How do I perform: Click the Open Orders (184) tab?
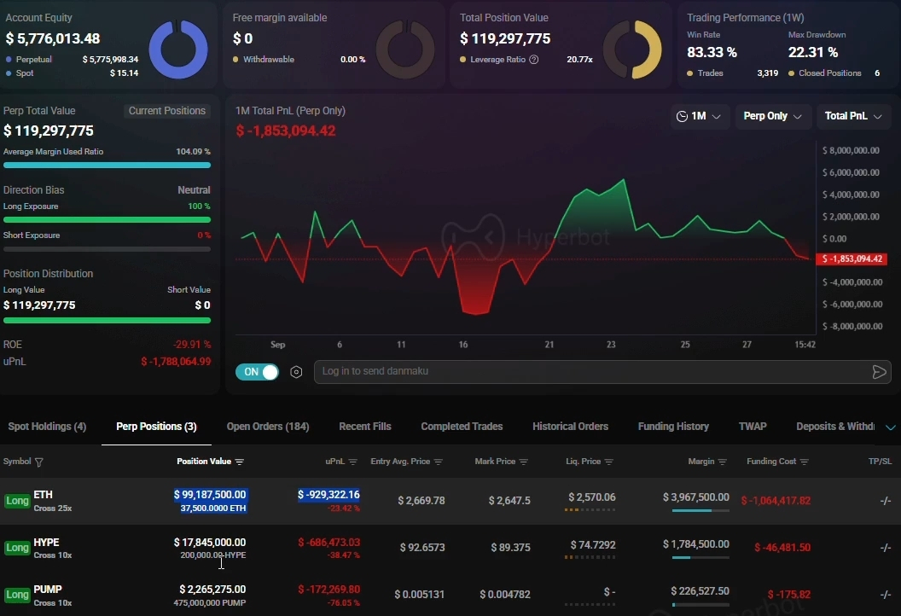[268, 427]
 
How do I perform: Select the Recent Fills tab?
[365, 427]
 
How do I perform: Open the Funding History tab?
[673, 427]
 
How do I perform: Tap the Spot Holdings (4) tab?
[47, 427]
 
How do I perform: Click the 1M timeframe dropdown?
[699, 116]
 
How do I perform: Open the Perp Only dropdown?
[772, 116]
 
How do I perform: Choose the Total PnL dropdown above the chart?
[853, 116]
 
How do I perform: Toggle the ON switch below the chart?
[258, 372]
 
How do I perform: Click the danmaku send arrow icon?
[879, 372]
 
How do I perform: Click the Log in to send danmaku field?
[592, 371]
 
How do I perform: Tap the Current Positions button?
[166, 111]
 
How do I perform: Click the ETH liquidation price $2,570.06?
[592, 497]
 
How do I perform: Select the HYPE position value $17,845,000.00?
[210, 542]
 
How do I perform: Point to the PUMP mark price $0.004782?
[505, 594]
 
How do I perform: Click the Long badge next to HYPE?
[17, 548]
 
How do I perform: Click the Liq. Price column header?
[590, 462]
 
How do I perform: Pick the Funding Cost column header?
[777, 462]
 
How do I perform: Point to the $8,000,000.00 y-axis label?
[851, 150]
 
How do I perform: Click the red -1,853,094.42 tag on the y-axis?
[852, 259]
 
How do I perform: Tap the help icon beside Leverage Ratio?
[534, 60]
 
